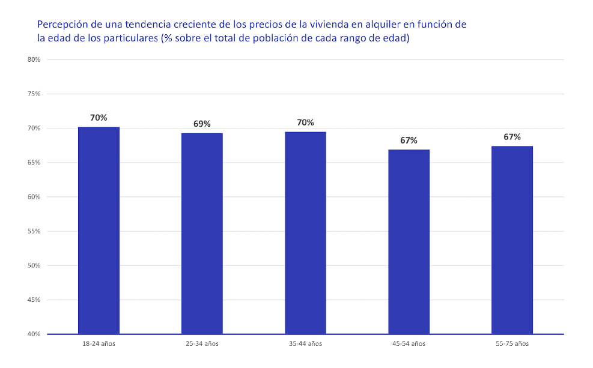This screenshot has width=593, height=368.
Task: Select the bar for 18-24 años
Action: (x=99, y=231)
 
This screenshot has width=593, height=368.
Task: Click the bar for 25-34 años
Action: (x=202, y=234)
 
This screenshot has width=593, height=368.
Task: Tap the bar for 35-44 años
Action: (x=305, y=233)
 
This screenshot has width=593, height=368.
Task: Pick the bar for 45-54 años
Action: (x=409, y=242)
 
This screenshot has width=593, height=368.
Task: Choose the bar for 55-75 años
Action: (x=512, y=240)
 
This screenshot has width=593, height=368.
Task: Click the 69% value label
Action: (x=202, y=124)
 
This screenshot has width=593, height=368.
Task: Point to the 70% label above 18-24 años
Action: (x=99, y=118)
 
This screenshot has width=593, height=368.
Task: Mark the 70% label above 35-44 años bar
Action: (x=305, y=122)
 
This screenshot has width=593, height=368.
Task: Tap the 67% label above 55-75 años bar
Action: (x=512, y=137)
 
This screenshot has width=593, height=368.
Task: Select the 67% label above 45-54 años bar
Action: (x=409, y=140)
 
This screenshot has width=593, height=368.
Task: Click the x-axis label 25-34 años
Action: (x=202, y=344)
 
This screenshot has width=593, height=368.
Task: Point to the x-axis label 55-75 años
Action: (x=512, y=344)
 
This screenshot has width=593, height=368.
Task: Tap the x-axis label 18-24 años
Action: (x=99, y=344)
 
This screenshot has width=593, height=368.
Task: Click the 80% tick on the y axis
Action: (x=34, y=59)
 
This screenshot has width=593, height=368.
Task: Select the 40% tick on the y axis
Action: (x=34, y=334)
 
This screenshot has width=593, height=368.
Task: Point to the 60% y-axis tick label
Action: (x=34, y=197)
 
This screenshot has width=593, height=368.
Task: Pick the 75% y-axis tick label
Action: (x=34, y=94)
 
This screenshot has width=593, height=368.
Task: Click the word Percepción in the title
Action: (x=61, y=25)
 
